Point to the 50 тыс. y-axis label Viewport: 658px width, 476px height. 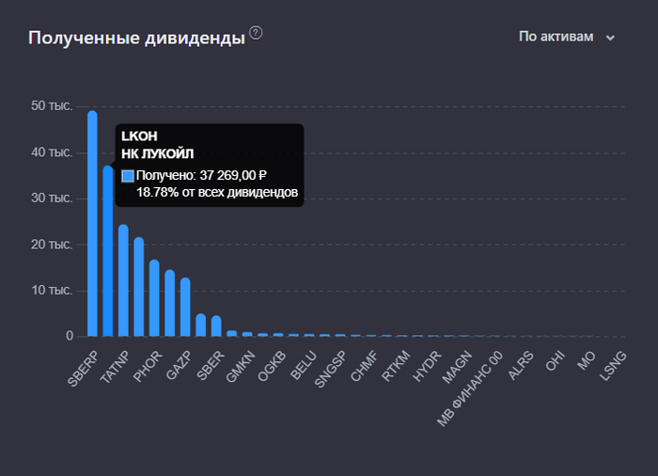pos(52,106)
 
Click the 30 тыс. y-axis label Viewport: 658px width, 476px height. pos(52,198)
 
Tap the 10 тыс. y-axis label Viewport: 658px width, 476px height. pos(52,290)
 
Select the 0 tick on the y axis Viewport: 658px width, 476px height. pos(69,336)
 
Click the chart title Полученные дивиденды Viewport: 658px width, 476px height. pos(136,38)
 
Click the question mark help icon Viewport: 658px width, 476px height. pos(256,34)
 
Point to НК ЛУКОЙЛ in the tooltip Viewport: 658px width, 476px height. pos(157,154)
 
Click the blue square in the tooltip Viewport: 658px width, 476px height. pos(128,175)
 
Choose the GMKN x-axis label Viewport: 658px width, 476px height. pos(241,364)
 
